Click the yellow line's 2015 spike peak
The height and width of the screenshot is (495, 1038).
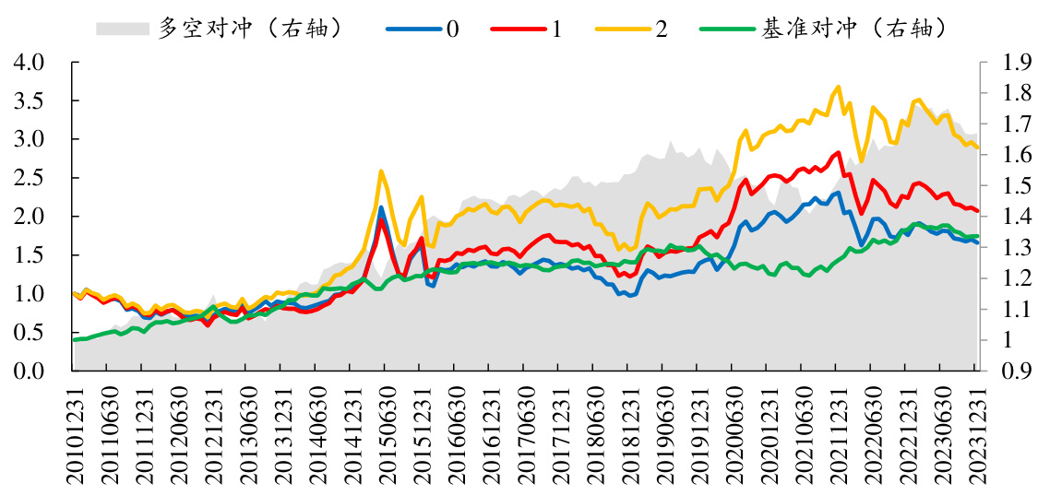click(x=381, y=171)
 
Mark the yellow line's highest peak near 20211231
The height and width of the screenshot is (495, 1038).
click(x=839, y=88)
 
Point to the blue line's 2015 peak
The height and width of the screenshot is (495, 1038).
click(x=381, y=207)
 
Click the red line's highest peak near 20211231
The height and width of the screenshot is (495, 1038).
click(x=839, y=152)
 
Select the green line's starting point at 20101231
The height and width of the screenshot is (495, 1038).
click(x=74, y=340)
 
